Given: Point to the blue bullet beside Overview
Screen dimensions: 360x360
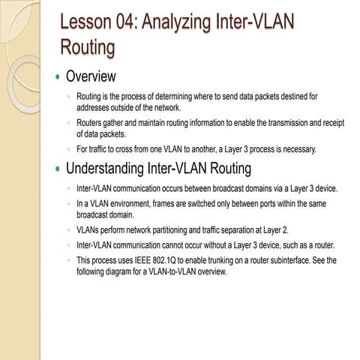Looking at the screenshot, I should coord(56,76).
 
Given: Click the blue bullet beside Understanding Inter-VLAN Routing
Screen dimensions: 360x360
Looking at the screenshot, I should coord(56,168).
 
